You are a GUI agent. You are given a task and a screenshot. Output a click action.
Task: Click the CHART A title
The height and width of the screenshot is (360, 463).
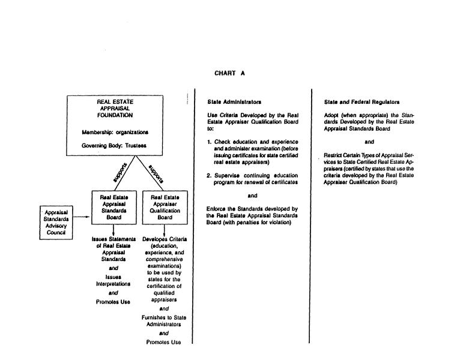pyautogui.click(x=229, y=73)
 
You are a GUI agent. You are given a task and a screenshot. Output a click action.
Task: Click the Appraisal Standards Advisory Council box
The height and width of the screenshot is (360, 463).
pyautogui.click(x=56, y=222)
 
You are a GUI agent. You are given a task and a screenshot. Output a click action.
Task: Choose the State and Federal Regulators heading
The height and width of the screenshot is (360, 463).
pyautogui.click(x=362, y=102)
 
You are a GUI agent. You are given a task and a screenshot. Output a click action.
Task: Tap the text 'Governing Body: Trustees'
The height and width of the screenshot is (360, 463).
pyautogui.click(x=114, y=146)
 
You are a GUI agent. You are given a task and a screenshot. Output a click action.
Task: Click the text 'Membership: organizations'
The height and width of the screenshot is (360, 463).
pyautogui.click(x=115, y=132)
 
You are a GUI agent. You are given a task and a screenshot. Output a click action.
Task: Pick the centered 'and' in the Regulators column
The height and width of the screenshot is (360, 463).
pyautogui.click(x=369, y=142)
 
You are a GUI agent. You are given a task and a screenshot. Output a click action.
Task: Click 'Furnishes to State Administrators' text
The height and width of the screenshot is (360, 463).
pyautogui.click(x=164, y=320)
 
